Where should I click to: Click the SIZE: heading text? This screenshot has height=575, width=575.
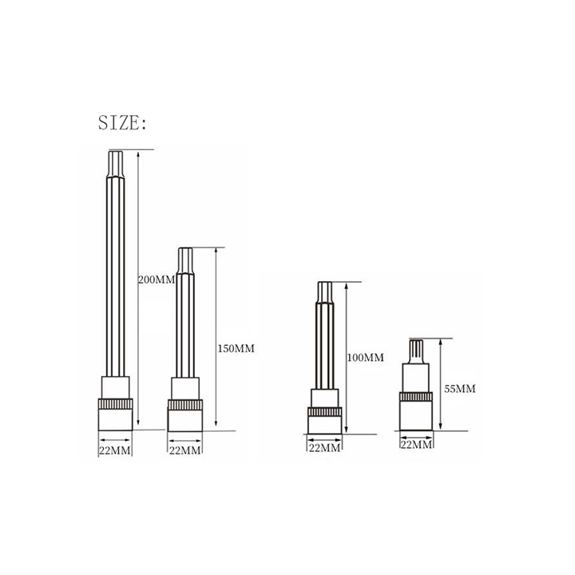pos(122,123)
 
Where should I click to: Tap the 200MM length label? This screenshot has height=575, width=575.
pos(157,280)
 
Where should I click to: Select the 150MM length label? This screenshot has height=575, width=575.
pos(236,348)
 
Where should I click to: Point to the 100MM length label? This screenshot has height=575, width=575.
pos(366,358)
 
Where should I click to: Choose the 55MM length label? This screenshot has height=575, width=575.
pos(460,389)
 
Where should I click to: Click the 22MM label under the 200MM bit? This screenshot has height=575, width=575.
pos(115,450)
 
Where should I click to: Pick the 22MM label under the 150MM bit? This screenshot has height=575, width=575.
pos(184,450)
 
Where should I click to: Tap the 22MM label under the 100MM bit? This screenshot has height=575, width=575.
pos(324,447)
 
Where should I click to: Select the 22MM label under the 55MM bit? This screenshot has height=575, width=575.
pos(416,445)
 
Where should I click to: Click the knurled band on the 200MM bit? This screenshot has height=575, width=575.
pos(115,404)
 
